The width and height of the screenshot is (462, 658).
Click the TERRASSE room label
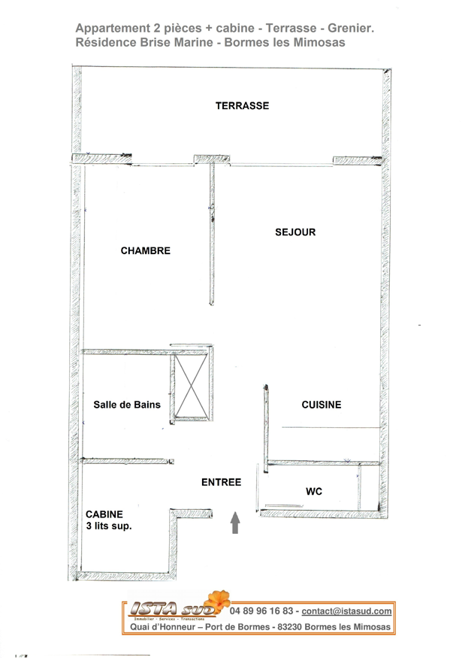[x=242, y=106]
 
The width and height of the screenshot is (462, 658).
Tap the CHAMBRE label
[x=145, y=251]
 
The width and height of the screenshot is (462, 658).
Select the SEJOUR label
[x=294, y=232]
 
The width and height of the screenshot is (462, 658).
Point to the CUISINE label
[x=321, y=405]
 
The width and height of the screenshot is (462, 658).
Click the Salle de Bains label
[x=126, y=405]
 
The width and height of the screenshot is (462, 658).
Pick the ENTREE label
[x=221, y=482]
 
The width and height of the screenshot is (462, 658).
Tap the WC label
[x=314, y=492]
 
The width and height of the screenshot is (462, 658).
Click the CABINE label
[x=104, y=514]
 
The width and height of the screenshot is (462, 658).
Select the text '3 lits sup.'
[x=109, y=526]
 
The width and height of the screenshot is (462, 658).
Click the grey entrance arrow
[x=235, y=522]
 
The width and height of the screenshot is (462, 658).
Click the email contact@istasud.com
[x=346, y=612]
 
